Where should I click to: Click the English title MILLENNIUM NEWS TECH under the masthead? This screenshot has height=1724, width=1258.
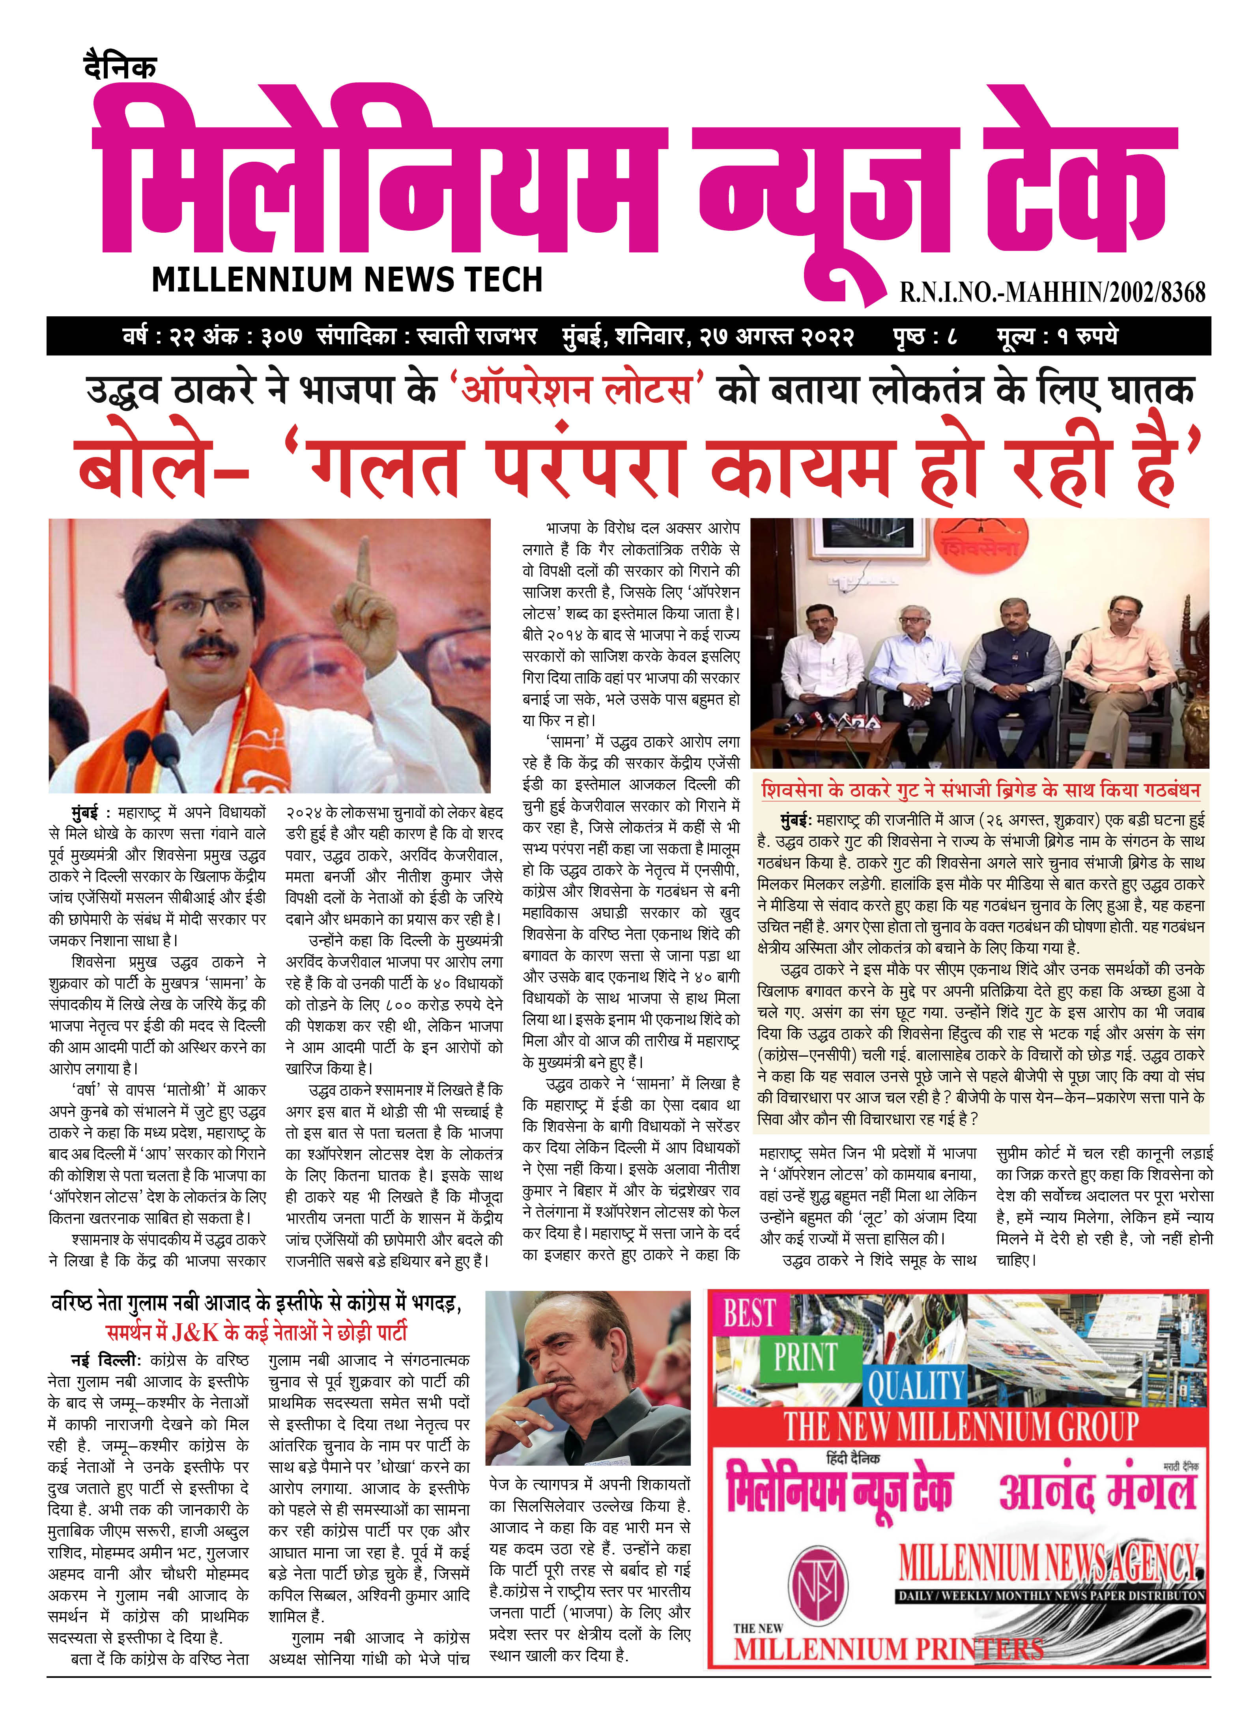coord(347,280)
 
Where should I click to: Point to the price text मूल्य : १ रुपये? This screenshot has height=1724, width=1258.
coord(1057,336)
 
